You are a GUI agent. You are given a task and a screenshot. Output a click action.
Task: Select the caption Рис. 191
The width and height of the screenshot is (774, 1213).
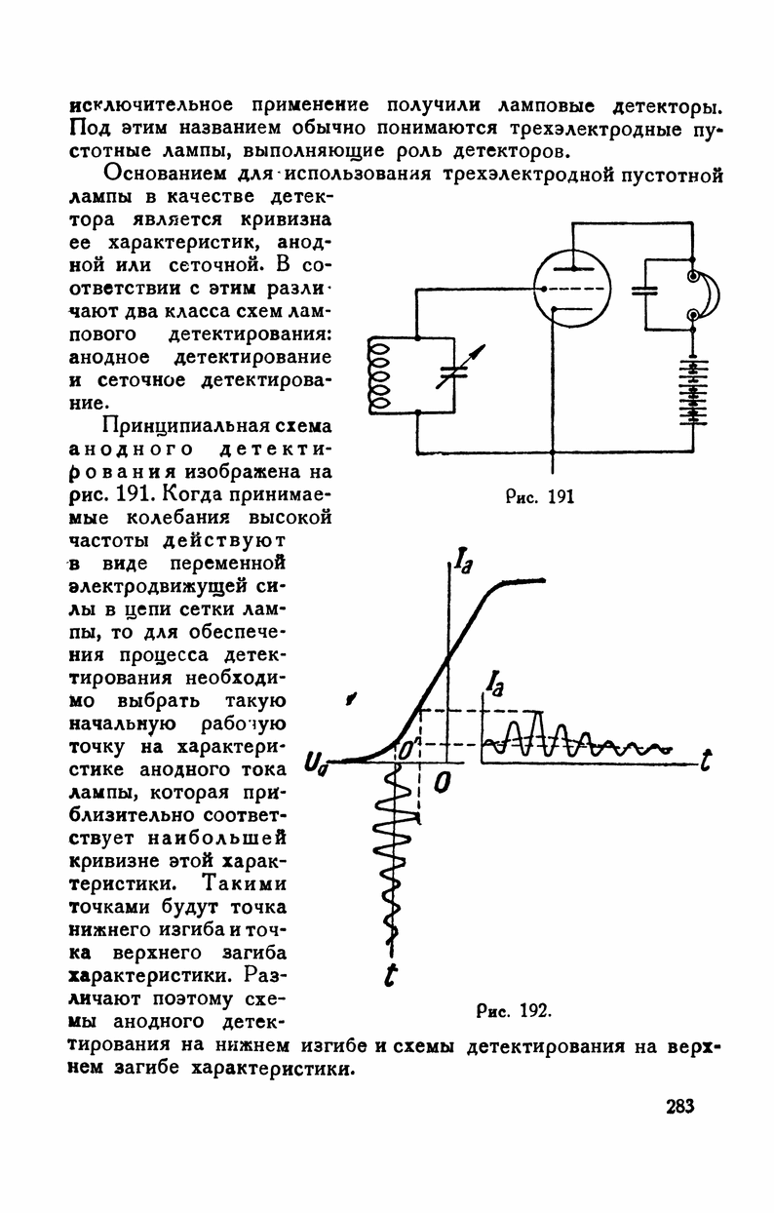coord(540,495)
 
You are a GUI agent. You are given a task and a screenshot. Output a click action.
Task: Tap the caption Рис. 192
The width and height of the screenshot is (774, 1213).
coord(516,1009)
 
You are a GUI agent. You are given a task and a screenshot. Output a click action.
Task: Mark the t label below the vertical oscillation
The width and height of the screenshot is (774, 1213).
coord(391,974)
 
